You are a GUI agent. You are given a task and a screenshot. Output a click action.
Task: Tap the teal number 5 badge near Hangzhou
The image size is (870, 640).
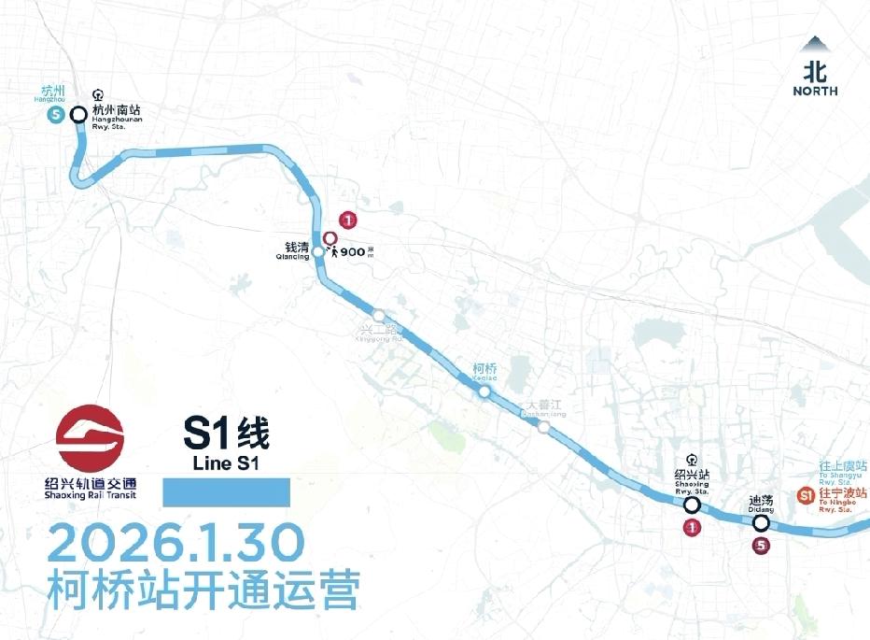coord(54,115)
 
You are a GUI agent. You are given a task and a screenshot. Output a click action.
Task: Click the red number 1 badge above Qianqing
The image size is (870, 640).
coord(348,220)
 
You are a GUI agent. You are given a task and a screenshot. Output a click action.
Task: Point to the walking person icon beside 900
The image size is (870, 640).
coord(333,251)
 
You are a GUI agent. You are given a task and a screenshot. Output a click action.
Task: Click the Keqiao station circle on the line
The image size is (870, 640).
coord(484,392)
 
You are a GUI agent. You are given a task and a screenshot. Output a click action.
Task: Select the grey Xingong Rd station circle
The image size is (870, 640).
coord(378,315)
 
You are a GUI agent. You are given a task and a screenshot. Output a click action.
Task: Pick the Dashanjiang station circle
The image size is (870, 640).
coord(543,428)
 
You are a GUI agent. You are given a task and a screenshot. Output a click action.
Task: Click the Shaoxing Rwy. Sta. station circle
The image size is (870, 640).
coord(692,505)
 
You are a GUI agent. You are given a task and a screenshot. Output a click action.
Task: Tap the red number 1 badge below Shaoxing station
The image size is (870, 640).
coord(692,528)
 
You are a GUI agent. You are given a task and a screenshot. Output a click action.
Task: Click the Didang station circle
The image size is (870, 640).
coord(762,523)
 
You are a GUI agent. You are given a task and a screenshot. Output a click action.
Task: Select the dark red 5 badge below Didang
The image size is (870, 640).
coord(762,546)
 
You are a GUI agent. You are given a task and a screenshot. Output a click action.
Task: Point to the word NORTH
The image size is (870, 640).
coord(815,91)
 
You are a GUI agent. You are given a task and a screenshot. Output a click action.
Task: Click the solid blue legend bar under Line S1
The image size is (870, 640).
coord(227,492)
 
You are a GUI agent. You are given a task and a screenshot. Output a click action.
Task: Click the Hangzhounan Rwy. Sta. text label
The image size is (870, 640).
coord(117,114)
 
